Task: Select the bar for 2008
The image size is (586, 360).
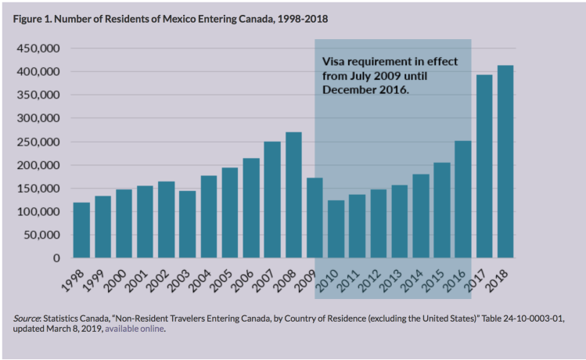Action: click(x=293, y=195)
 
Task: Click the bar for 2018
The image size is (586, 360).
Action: click(x=505, y=161)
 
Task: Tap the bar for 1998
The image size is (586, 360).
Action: click(x=81, y=230)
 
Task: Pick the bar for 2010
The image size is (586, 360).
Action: click(x=336, y=229)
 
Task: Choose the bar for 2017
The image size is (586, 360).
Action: click(x=484, y=166)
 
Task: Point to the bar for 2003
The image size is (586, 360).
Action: click(x=188, y=224)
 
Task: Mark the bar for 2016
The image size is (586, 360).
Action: click(x=463, y=200)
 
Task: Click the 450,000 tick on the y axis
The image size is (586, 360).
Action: click(x=39, y=49)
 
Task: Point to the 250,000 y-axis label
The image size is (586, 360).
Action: click(x=39, y=142)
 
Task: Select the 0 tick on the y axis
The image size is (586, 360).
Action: click(x=56, y=258)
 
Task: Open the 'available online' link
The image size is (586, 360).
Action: click(x=135, y=329)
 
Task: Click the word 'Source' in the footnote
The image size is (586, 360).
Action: click(x=28, y=319)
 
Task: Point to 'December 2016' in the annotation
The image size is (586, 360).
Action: click(x=364, y=90)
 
